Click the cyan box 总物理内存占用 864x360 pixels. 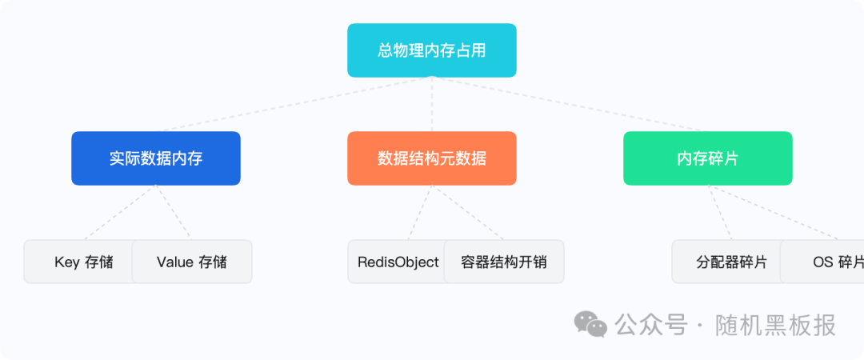432,50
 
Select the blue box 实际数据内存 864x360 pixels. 156,158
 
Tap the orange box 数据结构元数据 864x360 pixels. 432,158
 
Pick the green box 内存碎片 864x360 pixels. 708,158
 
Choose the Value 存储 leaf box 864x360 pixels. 192,262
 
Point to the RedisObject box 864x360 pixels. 397,262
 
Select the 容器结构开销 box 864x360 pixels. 504,262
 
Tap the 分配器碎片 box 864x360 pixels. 725,262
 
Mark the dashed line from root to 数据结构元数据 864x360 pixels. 432,104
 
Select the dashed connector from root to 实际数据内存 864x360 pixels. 296,104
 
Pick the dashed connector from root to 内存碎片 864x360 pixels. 568,104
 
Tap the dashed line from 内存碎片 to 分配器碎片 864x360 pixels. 718,212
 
